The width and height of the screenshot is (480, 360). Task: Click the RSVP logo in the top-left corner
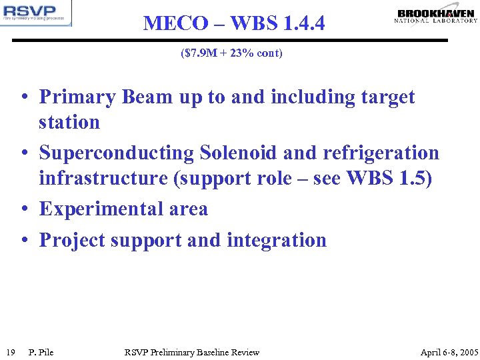point(36,13)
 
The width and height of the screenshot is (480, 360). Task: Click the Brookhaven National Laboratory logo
point(436,16)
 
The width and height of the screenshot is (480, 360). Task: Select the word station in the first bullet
point(69,123)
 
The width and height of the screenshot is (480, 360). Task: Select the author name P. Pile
point(41,352)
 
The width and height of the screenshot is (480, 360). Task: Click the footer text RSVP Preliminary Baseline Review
point(192,352)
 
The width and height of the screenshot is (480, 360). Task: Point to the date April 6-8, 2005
point(449,352)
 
